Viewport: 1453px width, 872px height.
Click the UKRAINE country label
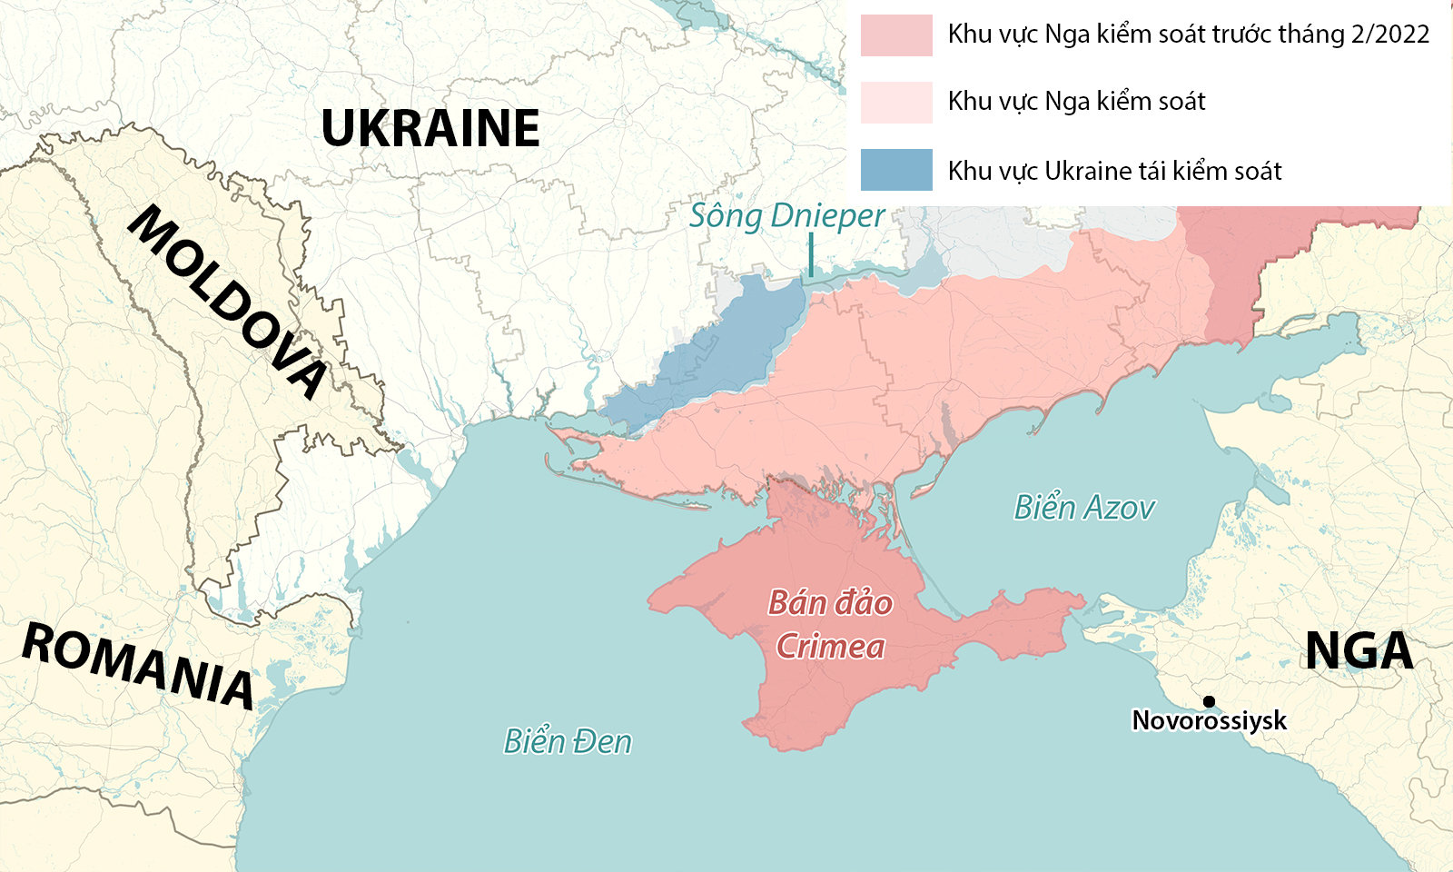[x=430, y=128]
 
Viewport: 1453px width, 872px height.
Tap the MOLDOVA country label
[x=227, y=301]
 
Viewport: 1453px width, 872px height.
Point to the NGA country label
[x=1359, y=650]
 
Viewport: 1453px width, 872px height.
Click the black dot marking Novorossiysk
[x=1210, y=701]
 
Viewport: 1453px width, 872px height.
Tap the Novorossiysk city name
[x=1209, y=721]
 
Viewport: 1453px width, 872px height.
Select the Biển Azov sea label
[x=1084, y=507]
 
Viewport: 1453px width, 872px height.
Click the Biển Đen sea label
[x=568, y=741]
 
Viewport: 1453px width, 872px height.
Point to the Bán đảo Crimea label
[x=830, y=625]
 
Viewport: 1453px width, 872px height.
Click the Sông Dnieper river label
[x=786, y=216]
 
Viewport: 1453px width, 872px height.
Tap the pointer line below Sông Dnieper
[x=811, y=255]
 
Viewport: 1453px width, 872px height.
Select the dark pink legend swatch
[x=896, y=35]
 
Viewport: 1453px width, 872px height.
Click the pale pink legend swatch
[x=896, y=102]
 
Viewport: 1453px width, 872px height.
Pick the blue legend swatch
[x=896, y=170]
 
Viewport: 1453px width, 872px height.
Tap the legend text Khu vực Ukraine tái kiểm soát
[x=1114, y=171]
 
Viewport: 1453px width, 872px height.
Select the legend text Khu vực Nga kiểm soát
[x=1076, y=102]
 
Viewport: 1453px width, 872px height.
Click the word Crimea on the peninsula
[x=830, y=647]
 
